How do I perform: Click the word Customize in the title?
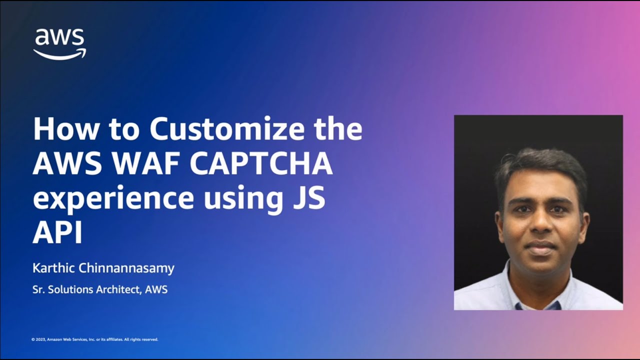tap(227, 129)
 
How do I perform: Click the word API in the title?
tap(57, 232)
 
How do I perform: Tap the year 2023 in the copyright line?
tap(39, 339)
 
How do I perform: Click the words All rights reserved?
tap(141, 339)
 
